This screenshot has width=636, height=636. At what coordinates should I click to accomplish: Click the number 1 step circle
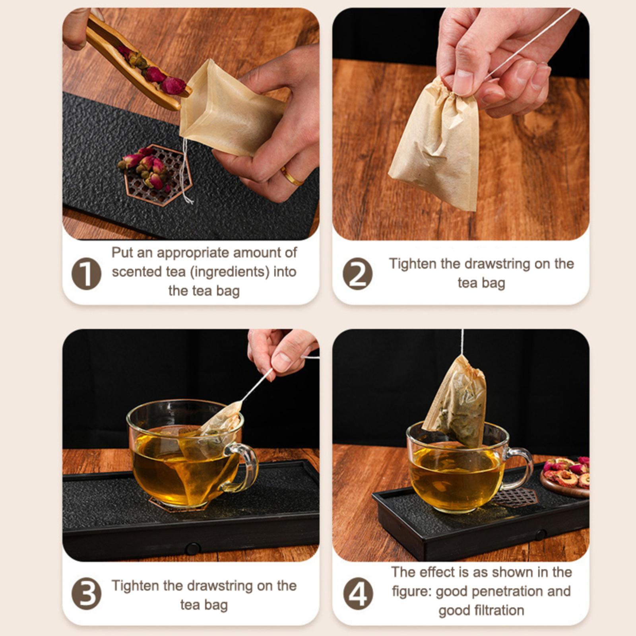point(86,273)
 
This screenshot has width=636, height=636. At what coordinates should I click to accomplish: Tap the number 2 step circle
point(357,273)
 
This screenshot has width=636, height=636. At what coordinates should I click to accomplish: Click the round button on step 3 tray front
point(192,549)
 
